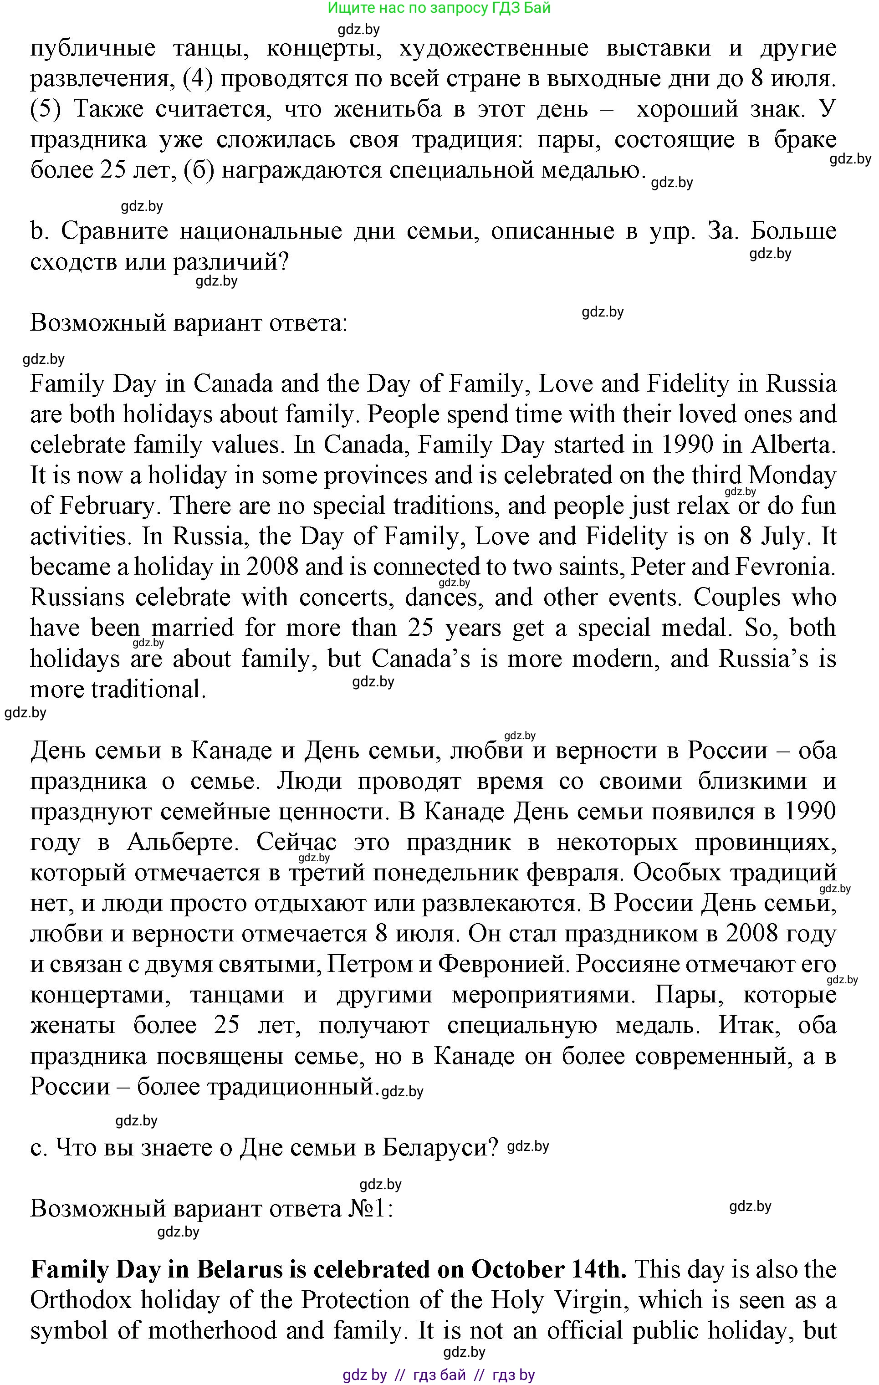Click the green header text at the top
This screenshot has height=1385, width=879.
point(439,8)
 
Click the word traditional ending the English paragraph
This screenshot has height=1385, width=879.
point(148,689)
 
